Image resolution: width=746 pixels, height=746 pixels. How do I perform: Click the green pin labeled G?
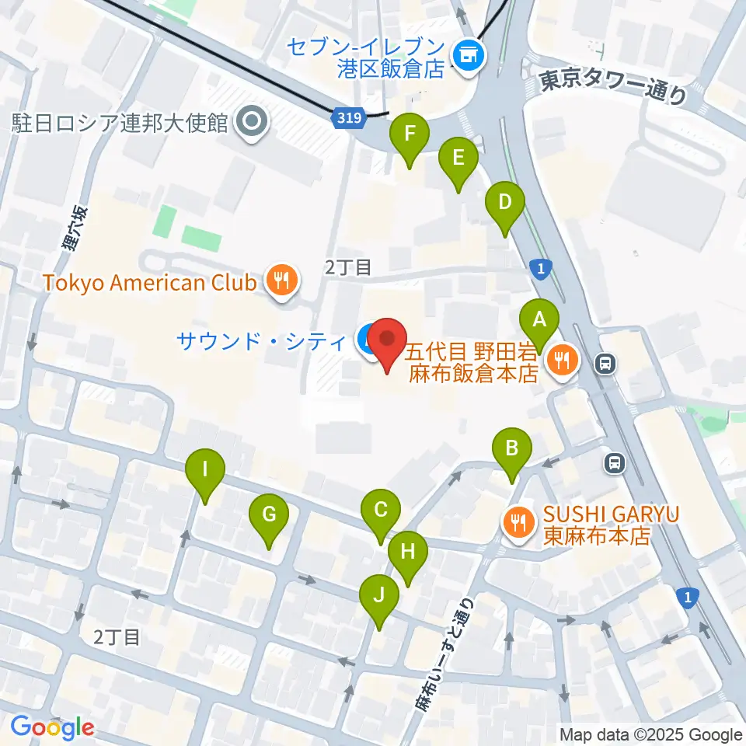[269, 515]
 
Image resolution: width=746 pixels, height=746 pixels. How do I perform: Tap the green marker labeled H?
[408, 553]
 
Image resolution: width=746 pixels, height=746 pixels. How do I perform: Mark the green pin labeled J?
[379, 597]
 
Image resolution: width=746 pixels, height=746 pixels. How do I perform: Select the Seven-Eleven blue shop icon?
[468, 54]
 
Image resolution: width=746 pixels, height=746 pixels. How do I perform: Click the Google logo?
[52, 727]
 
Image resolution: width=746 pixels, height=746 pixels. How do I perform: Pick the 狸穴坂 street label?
[73, 229]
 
